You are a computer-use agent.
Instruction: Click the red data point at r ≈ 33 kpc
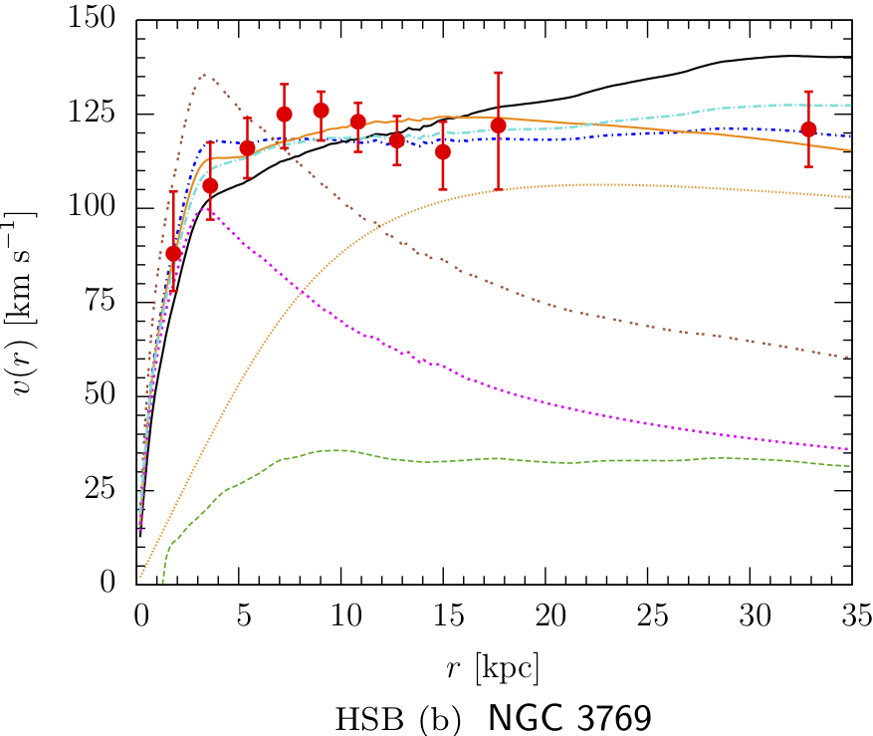tap(808, 129)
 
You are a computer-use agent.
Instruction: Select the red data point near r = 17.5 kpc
tap(498, 125)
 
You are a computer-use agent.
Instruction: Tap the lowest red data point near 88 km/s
tap(173, 253)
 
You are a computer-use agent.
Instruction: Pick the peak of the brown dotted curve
tap(203, 75)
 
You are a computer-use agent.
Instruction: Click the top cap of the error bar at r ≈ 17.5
tap(498, 73)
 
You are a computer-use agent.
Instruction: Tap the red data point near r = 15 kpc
tap(443, 151)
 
